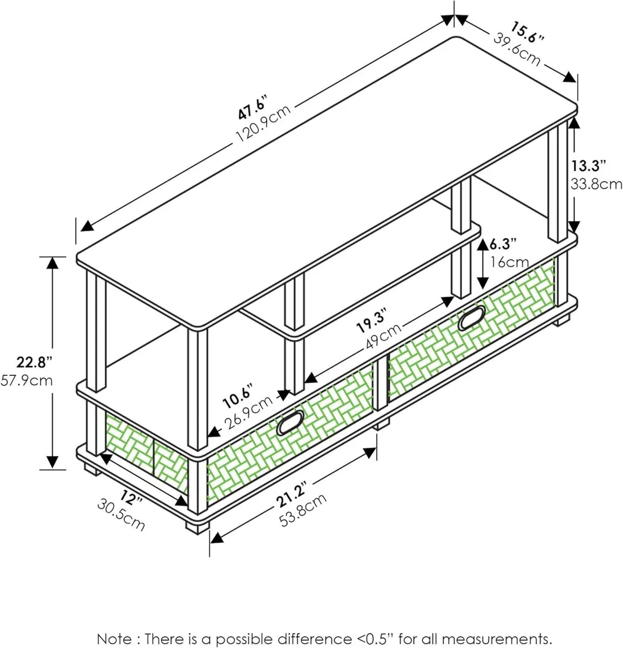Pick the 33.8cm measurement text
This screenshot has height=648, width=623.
[597, 184]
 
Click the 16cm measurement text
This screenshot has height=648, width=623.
[510, 262]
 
